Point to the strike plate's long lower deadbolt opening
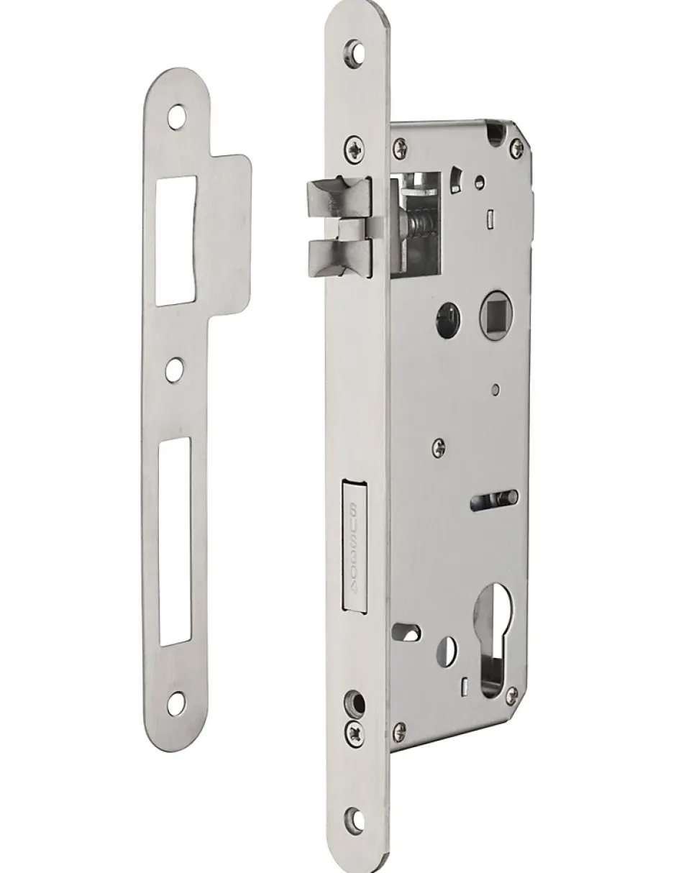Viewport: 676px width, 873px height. coord(175,541)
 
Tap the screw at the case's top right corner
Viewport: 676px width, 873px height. coord(516,148)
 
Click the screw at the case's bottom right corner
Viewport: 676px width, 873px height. coord(512,695)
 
